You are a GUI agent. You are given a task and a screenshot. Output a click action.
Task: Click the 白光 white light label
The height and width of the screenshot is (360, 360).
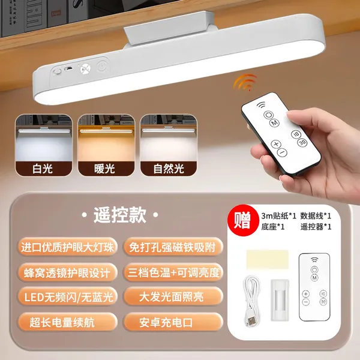pyautogui.click(x=43, y=169)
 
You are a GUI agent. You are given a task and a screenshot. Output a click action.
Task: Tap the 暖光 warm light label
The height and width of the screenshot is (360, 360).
pyautogui.click(x=104, y=169)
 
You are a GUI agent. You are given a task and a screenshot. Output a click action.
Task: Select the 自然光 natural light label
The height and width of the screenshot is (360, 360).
pyautogui.click(x=169, y=169)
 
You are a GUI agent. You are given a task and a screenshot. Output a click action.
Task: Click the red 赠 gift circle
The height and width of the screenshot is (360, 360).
pyautogui.click(x=242, y=220)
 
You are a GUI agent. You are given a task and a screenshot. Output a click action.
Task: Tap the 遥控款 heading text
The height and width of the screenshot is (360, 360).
pyautogui.click(x=120, y=215)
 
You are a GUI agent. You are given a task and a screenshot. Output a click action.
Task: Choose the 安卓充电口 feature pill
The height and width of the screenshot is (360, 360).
pyautogui.click(x=173, y=322)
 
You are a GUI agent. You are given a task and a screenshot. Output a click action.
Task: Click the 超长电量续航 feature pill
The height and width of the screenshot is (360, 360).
pyautogui.click(x=67, y=322)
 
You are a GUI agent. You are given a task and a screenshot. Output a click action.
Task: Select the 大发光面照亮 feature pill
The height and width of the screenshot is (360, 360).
pyautogui.click(x=173, y=296)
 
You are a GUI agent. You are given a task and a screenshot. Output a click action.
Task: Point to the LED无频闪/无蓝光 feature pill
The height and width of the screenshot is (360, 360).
pyautogui.click(x=67, y=296)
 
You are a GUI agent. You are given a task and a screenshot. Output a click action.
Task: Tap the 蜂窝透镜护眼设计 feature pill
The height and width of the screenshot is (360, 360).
pyautogui.click(x=67, y=272)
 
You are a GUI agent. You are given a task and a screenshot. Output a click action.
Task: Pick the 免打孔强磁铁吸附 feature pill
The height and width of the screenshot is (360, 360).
pyautogui.click(x=173, y=247)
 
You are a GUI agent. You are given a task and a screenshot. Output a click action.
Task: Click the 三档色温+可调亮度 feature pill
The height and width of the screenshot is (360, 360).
pyautogui.click(x=173, y=272)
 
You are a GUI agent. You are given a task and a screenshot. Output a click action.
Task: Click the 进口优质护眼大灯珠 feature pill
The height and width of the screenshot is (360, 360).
pyautogui.click(x=67, y=247)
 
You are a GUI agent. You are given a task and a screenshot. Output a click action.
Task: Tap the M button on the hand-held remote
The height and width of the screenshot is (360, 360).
pyautogui.click(x=274, y=123)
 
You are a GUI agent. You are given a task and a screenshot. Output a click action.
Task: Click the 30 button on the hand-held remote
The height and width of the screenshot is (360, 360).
pyautogui.click(x=302, y=143)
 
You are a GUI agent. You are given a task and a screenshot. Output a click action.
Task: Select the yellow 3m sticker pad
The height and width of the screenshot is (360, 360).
pyautogui.click(x=268, y=259)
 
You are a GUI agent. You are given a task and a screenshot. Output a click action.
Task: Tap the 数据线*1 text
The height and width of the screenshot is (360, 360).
pyautogui.click(x=316, y=216)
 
